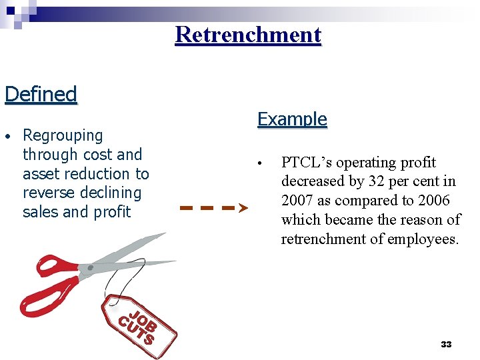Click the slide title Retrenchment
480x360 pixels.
click(248, 35)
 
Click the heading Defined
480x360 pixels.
click(41, 94)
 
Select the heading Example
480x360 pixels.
click(292, 119)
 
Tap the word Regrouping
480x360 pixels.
click(63, 136)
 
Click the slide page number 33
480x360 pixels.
click(446, 345)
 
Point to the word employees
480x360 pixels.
click(424, 239)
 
